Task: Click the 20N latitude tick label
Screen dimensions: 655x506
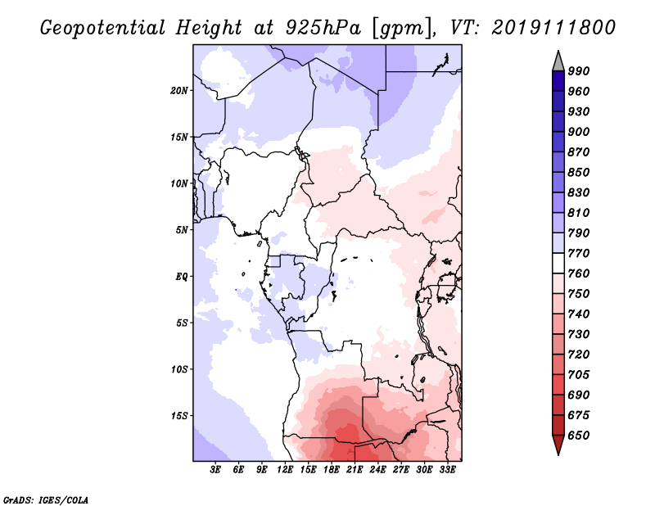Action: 179,91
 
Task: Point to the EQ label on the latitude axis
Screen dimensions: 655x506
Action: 181,277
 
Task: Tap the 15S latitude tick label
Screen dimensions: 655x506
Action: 179,416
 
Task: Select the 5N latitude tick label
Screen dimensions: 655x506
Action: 182,230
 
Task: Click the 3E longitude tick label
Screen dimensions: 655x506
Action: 215,470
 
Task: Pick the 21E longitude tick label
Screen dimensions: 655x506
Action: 355,470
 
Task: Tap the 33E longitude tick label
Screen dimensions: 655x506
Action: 447,470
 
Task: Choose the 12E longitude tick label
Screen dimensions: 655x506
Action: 285,470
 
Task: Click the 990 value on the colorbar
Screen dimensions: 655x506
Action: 579,71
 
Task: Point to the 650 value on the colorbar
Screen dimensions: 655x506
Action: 579,436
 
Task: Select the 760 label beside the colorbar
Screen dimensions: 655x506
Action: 579,273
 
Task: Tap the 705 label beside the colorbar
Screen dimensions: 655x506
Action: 579,375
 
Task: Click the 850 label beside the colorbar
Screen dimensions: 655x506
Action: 579,172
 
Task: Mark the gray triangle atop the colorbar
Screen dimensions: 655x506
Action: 558,62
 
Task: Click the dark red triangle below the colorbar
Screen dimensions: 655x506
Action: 558,445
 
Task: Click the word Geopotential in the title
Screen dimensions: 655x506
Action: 103,28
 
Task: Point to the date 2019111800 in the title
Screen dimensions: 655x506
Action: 553,28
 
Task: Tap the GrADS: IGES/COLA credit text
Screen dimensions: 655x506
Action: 46,499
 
